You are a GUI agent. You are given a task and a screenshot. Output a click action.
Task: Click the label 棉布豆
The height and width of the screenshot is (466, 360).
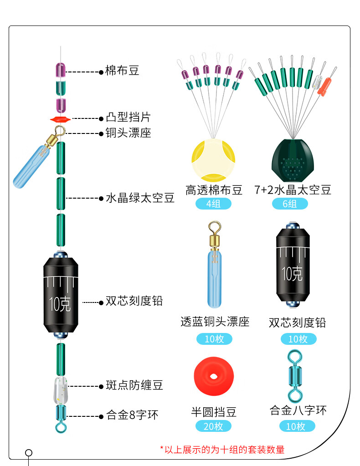122,71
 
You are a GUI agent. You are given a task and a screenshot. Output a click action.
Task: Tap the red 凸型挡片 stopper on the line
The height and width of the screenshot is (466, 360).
61,119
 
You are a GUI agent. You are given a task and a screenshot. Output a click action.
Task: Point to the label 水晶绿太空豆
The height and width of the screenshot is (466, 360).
140,198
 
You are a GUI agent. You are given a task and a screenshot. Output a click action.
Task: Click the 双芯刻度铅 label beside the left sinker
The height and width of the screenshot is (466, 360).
134,301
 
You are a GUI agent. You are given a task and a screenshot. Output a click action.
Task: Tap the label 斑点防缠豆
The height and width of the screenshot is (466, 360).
134,386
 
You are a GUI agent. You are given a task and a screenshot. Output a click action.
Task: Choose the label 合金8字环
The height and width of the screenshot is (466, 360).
132,415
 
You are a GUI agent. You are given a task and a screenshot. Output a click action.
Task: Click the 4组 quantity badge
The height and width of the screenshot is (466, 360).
213,204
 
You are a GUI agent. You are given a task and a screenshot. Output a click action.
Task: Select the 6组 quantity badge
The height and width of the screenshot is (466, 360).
290,204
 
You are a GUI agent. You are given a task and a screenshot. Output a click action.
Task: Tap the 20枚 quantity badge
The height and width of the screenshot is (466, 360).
213,426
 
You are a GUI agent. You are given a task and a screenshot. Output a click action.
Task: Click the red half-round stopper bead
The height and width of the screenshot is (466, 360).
214,377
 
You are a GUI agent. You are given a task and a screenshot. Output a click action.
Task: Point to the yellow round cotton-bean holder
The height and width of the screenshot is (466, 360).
214,159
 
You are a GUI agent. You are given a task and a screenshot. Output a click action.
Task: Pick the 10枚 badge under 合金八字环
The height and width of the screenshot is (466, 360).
297,426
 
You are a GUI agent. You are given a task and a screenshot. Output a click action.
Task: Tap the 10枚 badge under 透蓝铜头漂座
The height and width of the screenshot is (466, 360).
214,339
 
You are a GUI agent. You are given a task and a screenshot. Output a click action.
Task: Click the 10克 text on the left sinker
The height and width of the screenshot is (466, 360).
60,304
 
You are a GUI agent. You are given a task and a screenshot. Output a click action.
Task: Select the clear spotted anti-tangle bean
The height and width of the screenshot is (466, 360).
60,390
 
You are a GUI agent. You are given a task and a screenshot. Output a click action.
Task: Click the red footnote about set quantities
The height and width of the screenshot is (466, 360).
222,450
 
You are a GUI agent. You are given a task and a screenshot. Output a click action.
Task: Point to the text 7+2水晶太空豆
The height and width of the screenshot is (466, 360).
293,189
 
